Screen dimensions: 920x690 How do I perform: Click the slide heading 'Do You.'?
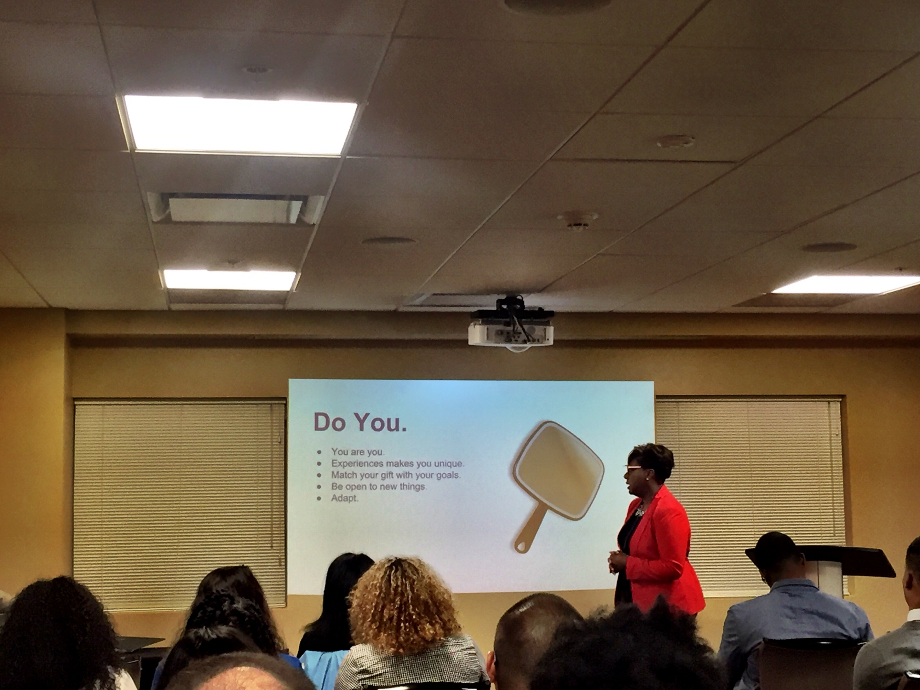pos(360,422)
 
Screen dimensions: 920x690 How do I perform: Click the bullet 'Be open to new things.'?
pos(379,486)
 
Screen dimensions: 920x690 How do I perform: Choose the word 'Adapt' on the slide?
pos(344,498)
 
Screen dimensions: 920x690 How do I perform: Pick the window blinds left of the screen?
pos(180,501)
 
